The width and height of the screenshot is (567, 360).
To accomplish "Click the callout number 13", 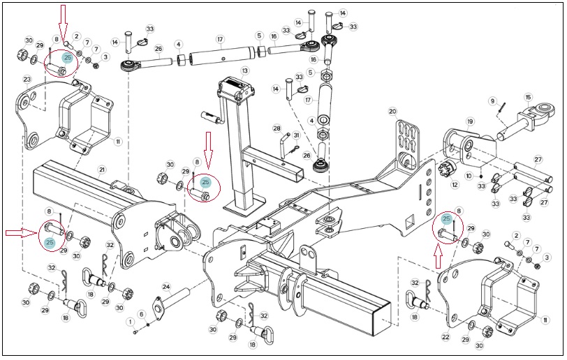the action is (245, 70).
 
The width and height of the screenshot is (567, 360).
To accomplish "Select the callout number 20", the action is (392, 112).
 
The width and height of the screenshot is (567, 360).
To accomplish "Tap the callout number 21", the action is (102, 170).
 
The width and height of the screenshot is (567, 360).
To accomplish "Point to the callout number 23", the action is (27, 80).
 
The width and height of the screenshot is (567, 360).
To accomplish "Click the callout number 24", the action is (166, 287).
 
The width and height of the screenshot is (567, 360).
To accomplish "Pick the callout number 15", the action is (529, 97).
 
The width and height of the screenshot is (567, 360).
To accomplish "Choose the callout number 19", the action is (470, 121).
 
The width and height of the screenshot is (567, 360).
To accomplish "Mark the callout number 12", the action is (455, 185).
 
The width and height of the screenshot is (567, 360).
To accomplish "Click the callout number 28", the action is (277, 128).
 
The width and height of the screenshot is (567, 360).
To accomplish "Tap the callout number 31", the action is (297, 135).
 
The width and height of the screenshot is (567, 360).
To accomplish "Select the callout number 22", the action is (445, 337).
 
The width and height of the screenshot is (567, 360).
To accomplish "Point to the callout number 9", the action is (492, 101).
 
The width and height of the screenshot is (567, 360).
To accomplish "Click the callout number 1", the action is (131, 322).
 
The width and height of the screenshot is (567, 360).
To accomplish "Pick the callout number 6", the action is (142, 315).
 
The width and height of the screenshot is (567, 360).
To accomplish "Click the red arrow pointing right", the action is (22, 233).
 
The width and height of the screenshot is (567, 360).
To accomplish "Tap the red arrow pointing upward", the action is (439, 256).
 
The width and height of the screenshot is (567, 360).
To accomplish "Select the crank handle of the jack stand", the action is (212, 118).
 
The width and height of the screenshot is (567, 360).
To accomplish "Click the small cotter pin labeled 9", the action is (502, 107).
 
